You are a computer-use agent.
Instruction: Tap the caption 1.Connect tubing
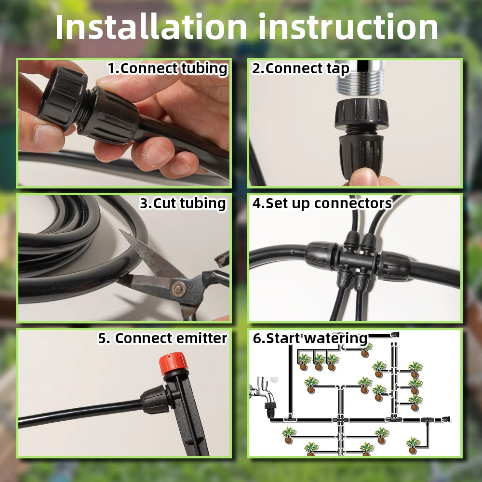167,68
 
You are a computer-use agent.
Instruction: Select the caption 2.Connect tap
301,68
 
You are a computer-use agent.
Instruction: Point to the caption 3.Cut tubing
183,203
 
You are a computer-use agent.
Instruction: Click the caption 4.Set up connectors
322,203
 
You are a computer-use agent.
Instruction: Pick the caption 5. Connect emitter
162,338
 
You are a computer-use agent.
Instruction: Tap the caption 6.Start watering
310,338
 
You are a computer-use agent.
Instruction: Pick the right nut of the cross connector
394,266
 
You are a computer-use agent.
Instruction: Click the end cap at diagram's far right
448,419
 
